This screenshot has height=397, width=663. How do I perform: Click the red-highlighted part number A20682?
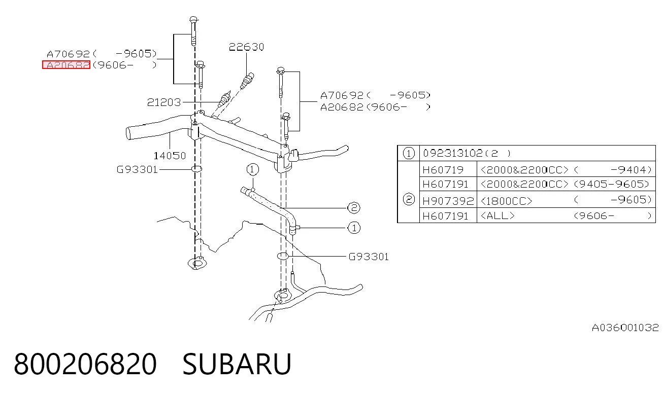click(x=66, y=65)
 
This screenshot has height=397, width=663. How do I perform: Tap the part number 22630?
click(x=246, y=47)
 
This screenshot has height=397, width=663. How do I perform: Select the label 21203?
click(x=164, y=102)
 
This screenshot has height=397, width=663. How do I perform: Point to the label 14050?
click(x=170, y=156)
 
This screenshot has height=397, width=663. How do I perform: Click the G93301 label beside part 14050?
click(x=137, y=169)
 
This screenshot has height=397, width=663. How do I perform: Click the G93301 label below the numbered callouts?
click(x=369, y=257)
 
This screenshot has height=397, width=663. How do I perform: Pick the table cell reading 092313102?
click(x=452, y=153)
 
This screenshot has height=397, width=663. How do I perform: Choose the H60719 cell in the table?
click(x=443, y=170)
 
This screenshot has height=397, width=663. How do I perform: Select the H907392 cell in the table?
click(x=448, y=201)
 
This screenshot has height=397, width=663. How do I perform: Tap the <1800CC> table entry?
click(x=507, y=201)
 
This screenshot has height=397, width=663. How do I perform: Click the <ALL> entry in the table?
click(x=498, y=215)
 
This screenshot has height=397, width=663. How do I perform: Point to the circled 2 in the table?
click(x=409, y=200)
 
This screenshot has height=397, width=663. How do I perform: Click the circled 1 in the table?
click(x=409, y=153)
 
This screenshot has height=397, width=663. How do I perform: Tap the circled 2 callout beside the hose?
click(x=354, y=208)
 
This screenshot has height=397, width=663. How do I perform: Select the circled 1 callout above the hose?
click(x=252, y=169)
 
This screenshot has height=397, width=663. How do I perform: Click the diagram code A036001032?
click(x=625, y=328)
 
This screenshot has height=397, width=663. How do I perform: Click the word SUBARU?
click(x=237, y=364)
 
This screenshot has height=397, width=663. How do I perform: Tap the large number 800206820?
click(x=85, y=364)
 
